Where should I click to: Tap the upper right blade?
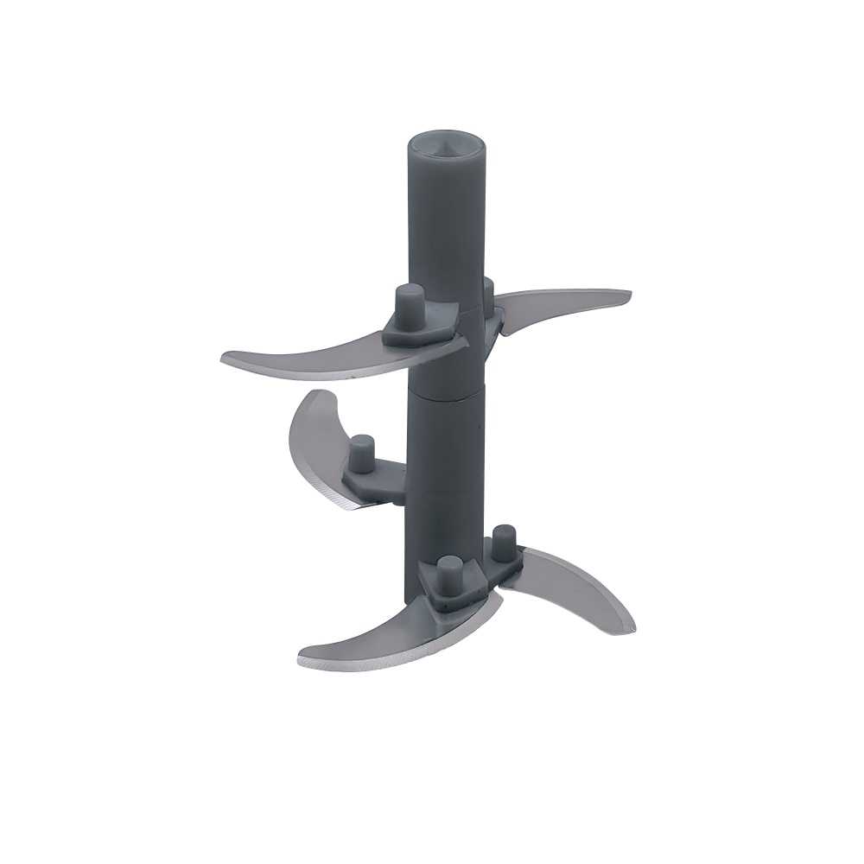tap(562, 302)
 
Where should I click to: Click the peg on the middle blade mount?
tap(360, 452)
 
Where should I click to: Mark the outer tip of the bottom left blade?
tap(302, 661)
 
